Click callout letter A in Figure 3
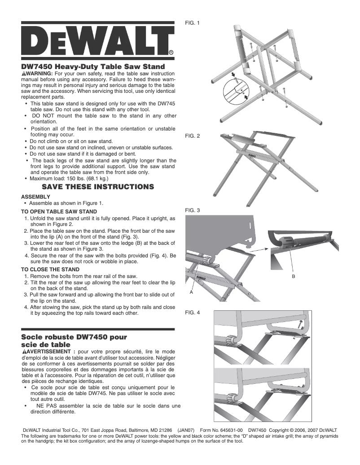point(191,291)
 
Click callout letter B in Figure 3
point(293,277)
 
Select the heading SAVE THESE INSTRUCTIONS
point(98,186)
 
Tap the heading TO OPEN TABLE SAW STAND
point(59,211)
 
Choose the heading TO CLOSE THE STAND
point(51,269)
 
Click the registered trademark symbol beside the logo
point(171,52)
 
